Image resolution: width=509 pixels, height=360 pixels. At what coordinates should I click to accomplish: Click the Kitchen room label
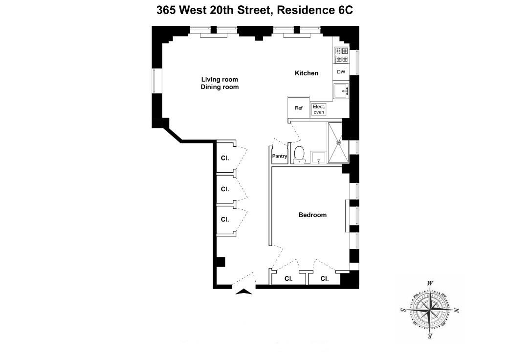(307, 73)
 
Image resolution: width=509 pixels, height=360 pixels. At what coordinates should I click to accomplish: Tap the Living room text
(220, 79)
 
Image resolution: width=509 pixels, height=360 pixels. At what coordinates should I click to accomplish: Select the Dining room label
(220, 87)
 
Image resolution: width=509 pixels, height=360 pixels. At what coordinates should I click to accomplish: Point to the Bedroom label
(312, 215)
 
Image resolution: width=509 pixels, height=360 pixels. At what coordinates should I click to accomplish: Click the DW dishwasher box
(341, 72)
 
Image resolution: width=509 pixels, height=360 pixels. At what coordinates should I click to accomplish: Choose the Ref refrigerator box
(298, 108)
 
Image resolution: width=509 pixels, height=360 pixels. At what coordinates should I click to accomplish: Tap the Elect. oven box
(319, 110)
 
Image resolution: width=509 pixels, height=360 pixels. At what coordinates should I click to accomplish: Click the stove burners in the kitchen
(341, 55)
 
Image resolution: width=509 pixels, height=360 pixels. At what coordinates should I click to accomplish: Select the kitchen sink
(341, 90)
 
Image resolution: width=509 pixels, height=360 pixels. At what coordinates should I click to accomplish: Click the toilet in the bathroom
(299, 154)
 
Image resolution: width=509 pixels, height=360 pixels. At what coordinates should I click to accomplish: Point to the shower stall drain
(338, 142)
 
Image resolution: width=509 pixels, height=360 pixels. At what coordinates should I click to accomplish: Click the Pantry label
(279, 157)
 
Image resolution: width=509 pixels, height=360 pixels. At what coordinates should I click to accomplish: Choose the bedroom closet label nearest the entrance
(288, 279)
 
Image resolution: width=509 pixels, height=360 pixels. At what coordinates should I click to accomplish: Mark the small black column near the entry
(221, 262)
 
